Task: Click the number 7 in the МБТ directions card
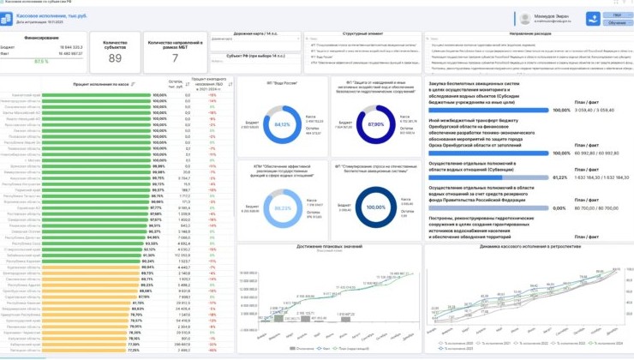[175, 58]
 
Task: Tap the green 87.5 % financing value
[41, 62]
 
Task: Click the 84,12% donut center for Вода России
[282, 124]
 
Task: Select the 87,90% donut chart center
[375, 124]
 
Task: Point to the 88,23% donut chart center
[282, 207]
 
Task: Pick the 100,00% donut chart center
[375, 207]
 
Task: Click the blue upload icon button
[593, 18]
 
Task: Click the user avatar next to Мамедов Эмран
[525, 18]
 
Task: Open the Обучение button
[617, 23]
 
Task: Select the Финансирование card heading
[41, 39]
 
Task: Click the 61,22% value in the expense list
[561, 177]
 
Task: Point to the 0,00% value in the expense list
[561, 208]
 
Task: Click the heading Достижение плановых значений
[328, 247]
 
